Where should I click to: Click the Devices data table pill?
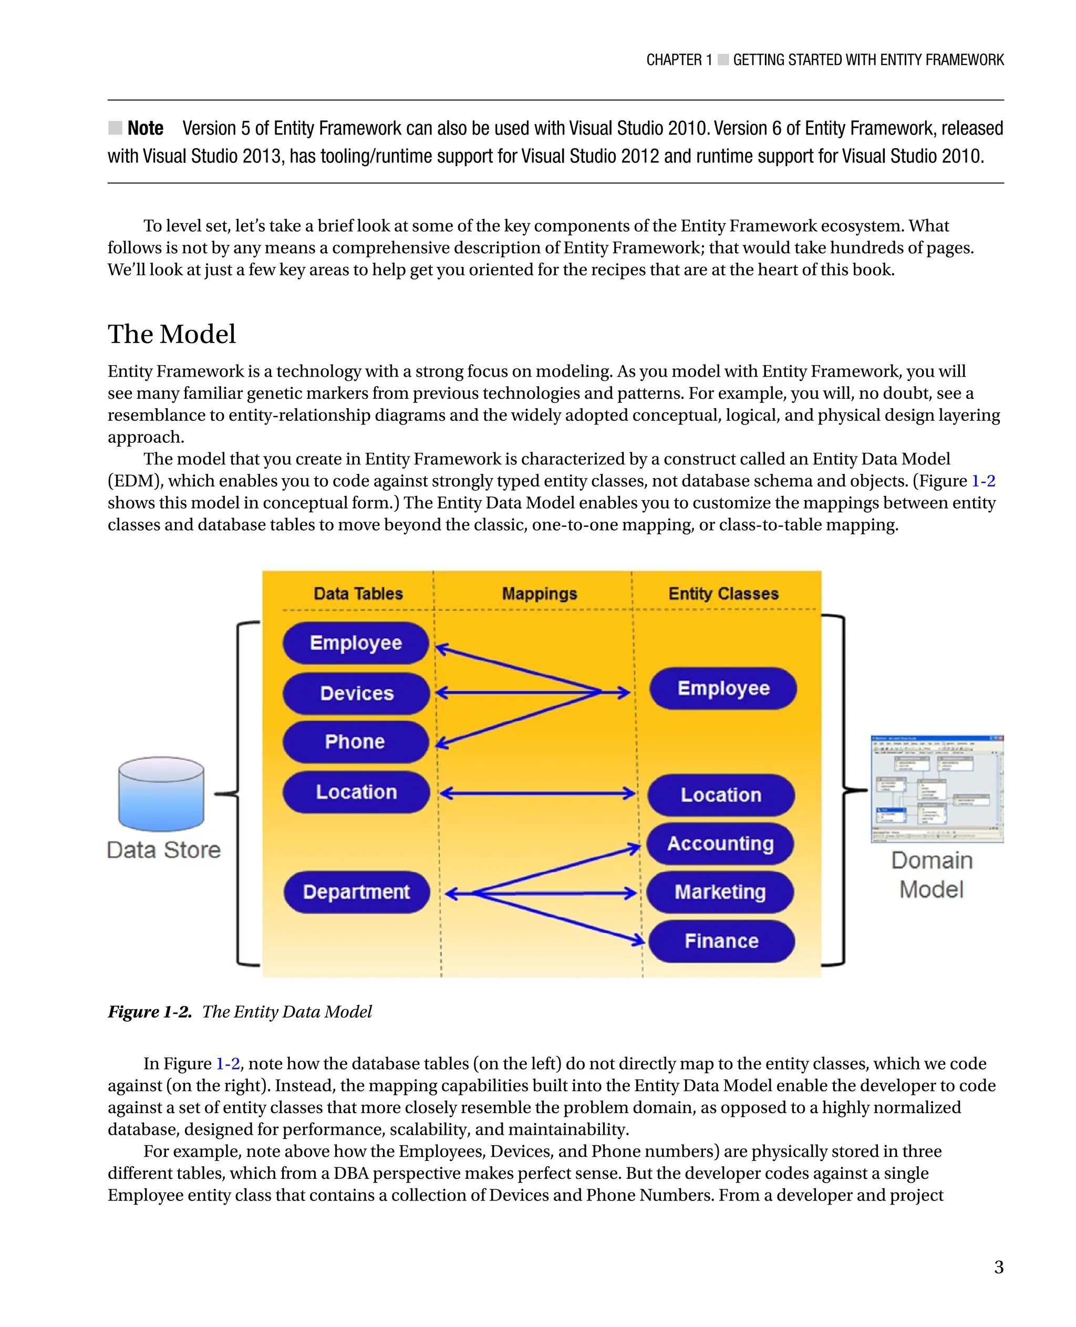click(356, 693)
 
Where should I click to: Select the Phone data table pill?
click(355, 741)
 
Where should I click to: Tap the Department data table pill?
click(356, 891)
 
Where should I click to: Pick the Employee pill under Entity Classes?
click(723, 688)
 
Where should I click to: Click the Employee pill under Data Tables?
click(356, 642)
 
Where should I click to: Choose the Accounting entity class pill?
click(720, 843)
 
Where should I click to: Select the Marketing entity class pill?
click(720, 891)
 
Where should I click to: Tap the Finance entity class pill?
click(721, 941)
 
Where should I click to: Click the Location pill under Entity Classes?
click(721, 795)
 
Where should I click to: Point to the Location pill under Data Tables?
click(356, 792)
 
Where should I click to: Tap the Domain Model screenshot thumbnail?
click(937, 789)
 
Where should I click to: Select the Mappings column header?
click(539, 593)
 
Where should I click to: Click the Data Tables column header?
click(358, 593)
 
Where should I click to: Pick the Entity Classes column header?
click(723, 593)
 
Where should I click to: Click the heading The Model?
click(172, 334)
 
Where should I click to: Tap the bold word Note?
click(145, 128)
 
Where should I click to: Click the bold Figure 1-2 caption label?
click(149, 1011)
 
